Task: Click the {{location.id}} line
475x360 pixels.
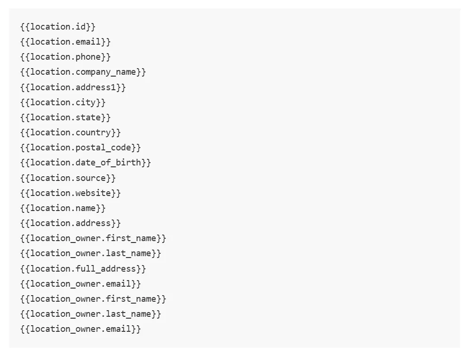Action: coord(58,27)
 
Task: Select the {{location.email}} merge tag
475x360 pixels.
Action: coord(65,42)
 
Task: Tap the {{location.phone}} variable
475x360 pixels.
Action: coord(65,57)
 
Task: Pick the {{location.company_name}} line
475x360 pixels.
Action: coord(83,72)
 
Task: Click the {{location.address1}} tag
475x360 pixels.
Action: coord(73,87)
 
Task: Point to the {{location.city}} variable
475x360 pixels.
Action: coord(63,102)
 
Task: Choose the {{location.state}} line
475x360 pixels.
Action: coord(65,117)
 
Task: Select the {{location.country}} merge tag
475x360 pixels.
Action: coord(71,133)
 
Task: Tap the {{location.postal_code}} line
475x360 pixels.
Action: coord(80,148)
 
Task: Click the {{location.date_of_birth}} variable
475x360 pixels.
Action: coord(86,163)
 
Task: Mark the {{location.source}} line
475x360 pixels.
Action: coord(68,178)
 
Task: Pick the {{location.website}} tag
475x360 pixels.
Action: coord(71,193)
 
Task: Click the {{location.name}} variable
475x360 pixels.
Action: coord(63,208)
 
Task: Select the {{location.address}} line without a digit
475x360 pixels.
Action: coord(71,223)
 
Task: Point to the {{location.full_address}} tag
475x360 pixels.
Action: coord(83,268)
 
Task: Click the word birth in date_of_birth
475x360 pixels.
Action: coord(128,162)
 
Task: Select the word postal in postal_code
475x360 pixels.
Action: coord(91,148)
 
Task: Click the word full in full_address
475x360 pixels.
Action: coord(86,268)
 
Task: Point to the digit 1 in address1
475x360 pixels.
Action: coord(113,87)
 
